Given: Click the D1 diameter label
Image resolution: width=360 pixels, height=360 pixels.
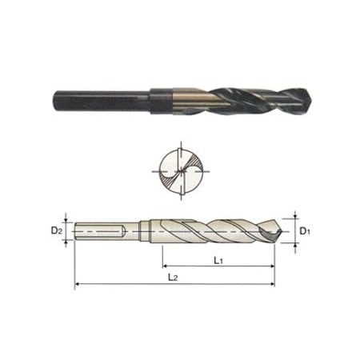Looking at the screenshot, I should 304,232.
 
